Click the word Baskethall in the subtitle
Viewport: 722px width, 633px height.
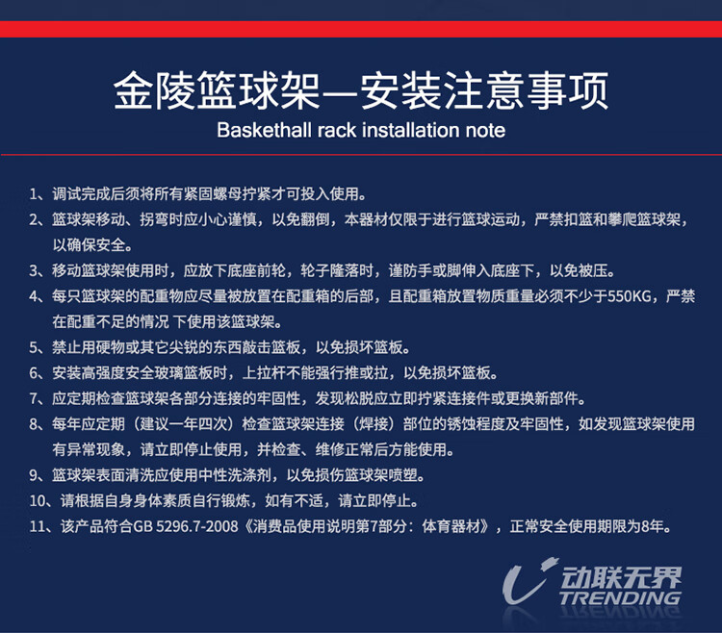[x=265, y=130]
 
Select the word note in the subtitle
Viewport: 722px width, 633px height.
[x=485, y=131]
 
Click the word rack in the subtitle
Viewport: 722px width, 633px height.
[x=337, y=130]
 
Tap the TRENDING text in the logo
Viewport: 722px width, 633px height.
[x=620, y=597]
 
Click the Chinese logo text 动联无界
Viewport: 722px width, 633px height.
[x=621, y=577]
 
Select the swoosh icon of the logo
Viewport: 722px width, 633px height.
[x=529, y=580]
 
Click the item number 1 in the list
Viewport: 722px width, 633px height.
[x=34, y=194]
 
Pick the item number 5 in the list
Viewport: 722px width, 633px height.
[x=34, y=347]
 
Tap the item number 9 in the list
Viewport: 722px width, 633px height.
[x=34, y=475]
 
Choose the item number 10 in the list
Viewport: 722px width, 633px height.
[x=38, y=500]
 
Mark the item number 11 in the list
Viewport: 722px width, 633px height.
[x=38, y=526]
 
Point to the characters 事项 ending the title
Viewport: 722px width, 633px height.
[x=568, y=90]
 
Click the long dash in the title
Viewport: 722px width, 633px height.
[x=340, y=92]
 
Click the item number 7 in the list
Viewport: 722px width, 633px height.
[x=34, y=398]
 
